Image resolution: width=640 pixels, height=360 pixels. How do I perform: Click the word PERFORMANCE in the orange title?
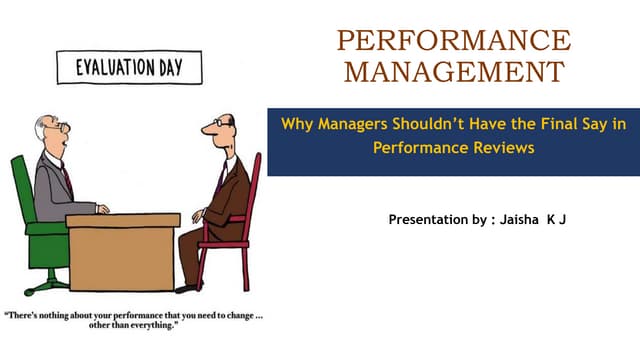(x=454, y=41)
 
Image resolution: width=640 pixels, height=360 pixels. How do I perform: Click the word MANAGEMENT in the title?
(x=454, y=73)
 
